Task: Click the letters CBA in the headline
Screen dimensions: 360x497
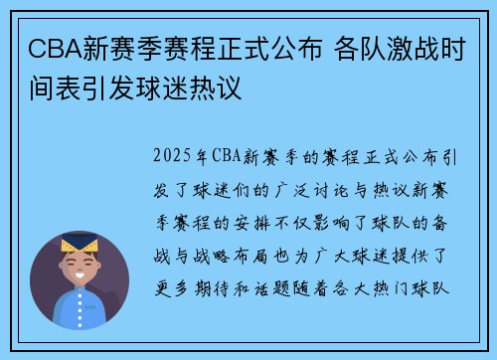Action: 46,47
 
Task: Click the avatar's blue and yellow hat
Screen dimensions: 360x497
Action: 80,244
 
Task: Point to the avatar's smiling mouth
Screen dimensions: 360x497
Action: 80,281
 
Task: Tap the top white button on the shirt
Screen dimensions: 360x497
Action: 80,307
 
